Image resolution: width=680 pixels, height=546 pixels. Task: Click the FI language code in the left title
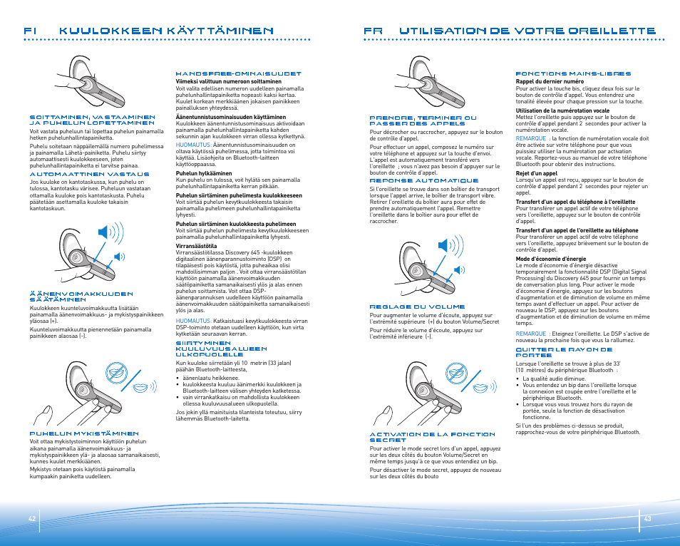(x=30, y=31)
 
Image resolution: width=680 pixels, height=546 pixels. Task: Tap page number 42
(x=32, y=518)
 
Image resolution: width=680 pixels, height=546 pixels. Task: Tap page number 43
(x=647, y=518)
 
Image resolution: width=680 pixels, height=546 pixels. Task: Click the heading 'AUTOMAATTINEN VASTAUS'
(x=89, y=174)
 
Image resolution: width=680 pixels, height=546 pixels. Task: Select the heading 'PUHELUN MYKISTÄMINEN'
(x=83, y=433)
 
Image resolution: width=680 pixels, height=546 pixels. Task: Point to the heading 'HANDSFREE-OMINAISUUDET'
(x=238, y=73)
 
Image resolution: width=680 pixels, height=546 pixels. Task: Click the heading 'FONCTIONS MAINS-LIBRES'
(x=573, y=73)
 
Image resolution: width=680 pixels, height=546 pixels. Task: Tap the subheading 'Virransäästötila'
(x=197, y=245)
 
